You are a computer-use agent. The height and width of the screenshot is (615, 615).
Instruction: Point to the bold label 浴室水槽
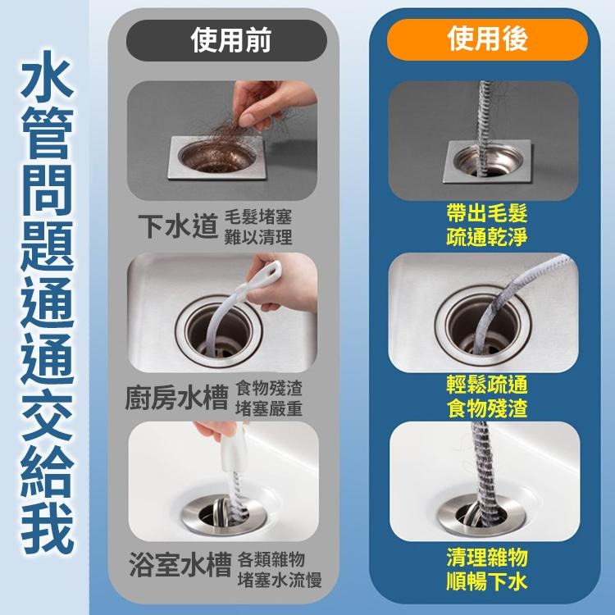coord(180,565)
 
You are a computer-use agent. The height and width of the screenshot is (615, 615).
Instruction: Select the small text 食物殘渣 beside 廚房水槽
coord(268,386)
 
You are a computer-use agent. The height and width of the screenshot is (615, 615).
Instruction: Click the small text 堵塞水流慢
coord(278,581)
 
